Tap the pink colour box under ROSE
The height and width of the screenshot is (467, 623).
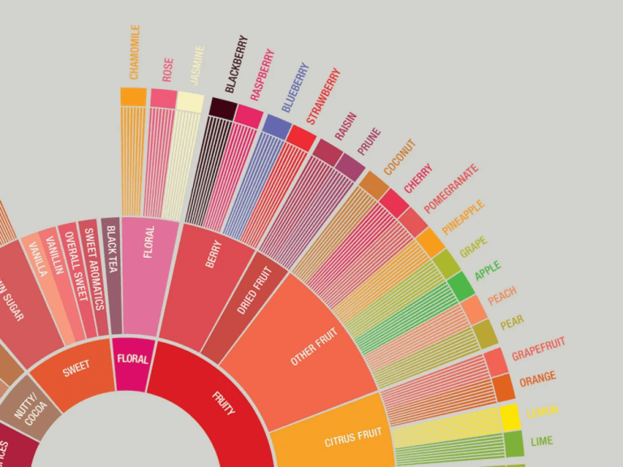pos(163,98)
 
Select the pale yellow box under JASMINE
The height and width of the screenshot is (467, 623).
pos(190,101)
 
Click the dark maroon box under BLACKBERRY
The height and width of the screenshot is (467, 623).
pos(222,108)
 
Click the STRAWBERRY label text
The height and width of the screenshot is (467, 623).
pos(322,96)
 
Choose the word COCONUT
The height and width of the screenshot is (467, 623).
pos(399,157)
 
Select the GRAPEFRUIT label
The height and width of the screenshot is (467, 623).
pos(538,349)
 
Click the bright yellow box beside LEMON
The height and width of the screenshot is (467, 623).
pos(509,417)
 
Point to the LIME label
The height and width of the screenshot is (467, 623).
pos(541,442)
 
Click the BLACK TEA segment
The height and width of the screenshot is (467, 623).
pos(112,276)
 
